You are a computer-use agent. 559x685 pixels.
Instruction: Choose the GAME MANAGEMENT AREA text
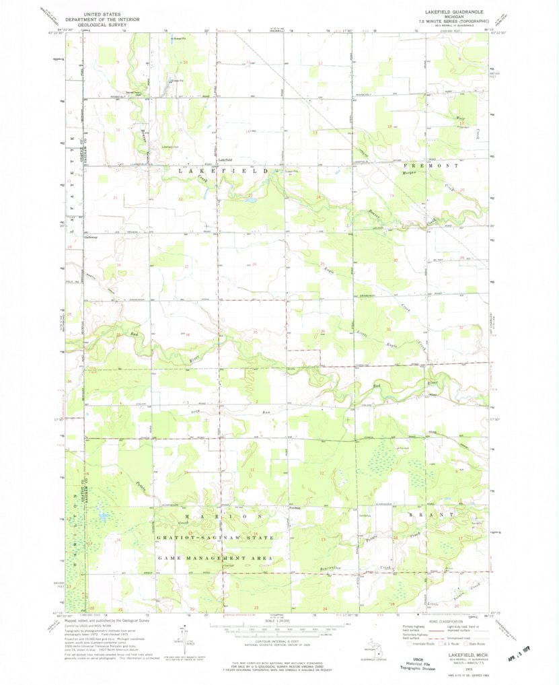pos(215,558)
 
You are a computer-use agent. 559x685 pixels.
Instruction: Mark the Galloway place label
pos(91,237)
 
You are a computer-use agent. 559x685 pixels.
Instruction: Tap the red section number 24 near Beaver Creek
pos(318,196)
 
